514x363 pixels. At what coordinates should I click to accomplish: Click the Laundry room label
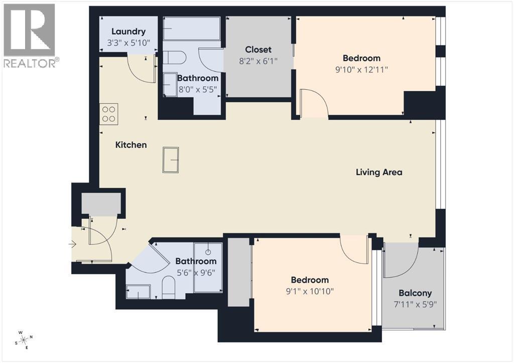click(x=128, y=31)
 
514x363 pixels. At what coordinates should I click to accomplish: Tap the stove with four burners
click(x=108, y=114)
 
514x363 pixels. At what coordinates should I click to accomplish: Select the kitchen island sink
click(x=171, y=160)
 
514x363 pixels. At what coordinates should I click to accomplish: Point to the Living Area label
click(x=379, y=172)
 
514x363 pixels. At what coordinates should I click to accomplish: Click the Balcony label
click(x=415, y=293)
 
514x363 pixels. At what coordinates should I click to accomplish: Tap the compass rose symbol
click(x=24, y=339)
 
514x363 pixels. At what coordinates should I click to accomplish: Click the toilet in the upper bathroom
click(x=175, y=59)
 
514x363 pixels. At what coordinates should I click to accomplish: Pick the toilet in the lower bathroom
click(x=168, y=288)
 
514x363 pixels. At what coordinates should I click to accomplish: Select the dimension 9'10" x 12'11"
click(x=361, y=70)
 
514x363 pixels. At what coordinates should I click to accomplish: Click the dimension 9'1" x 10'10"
click(x=310, y=291)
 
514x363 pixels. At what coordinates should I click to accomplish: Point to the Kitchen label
click(x=131, y=145)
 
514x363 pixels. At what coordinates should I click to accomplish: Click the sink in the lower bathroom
click(x=138, y=291)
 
